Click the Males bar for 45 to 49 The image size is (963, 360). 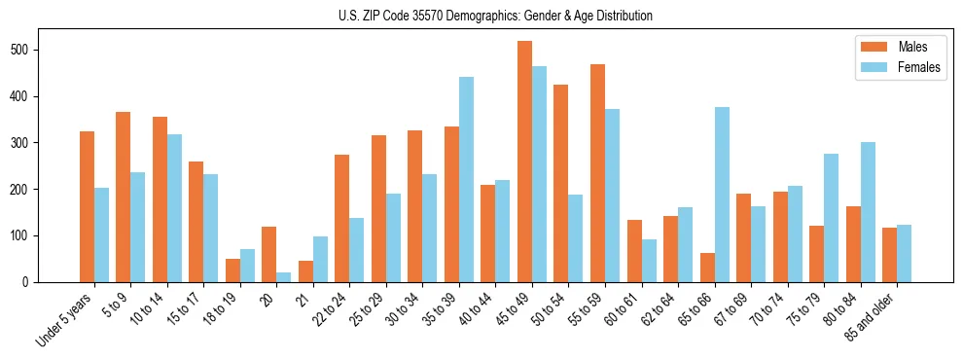tap(525, 162)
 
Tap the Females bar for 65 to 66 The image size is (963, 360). tap(722, 195)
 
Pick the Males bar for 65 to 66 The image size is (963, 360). tap(707, 268)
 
